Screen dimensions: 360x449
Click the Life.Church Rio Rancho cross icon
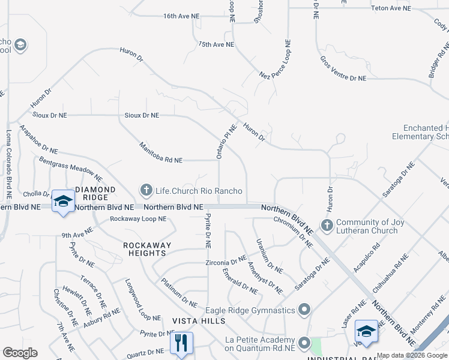tap(146, 191)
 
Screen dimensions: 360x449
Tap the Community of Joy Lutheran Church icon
tap(327, 226)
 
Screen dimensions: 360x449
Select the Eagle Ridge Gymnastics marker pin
tap(304, 310)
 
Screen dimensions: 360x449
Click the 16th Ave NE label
tap(181, 16)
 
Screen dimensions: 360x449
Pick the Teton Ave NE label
tap(391, 8)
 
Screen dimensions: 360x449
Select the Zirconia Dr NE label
tap(225, 263)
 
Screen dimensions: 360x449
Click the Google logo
tap(20, 352)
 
